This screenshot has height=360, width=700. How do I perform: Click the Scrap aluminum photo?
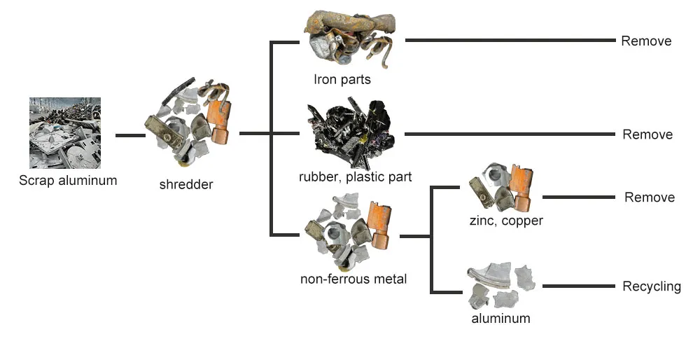tap(65, 133)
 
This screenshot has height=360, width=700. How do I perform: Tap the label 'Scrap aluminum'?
tap(68, 181)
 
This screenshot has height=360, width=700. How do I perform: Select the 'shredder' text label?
tap(186, 185)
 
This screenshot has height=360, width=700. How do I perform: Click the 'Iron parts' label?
tap(342, 79)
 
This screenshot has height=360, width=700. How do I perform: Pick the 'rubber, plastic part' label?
tap(355, 176)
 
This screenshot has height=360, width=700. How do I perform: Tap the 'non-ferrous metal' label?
tap(353, 279)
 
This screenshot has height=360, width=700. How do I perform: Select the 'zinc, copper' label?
tap(506, 221)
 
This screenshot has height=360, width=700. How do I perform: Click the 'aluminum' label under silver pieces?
tap(501, 318)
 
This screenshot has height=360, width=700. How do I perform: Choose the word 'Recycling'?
tap(651, 286)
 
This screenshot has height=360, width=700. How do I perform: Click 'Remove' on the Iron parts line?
tap(646, 41)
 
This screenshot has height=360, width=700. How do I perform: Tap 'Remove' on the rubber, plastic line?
tap(647, 134)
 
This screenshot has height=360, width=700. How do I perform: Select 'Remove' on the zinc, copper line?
tap(650, 198)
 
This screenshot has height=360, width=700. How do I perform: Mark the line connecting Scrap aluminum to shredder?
tap(129, 134)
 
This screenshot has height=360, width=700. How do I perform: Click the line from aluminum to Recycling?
tap(578, 286)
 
